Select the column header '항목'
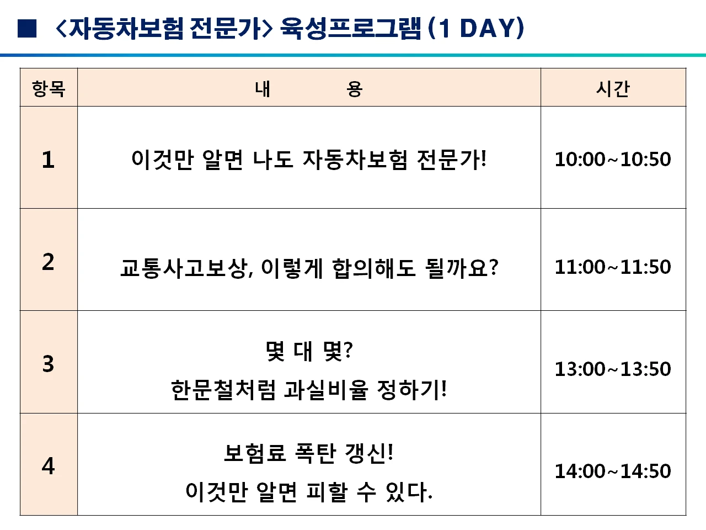click(x=49, y=88)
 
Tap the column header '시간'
click(x=613, y=88)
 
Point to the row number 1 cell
click(x=49, y=159)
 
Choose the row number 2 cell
click(x=49, y=261)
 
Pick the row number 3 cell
click(x=49, y=363)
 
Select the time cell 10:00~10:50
click(x=613, y=159)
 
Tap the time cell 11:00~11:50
click(x=613, y=267)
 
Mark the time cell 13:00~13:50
click(x=613, y=369)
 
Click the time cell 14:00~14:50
click(x=613, y=471)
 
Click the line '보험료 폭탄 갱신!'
click(x=309, y=453)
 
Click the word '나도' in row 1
click(x=273, y=160)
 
